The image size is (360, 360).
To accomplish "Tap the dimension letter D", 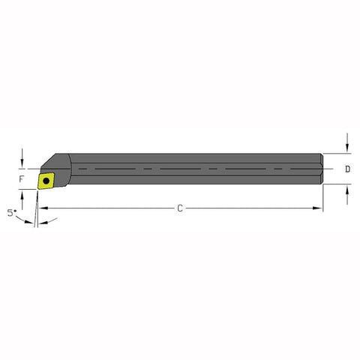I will [x=347, y=169].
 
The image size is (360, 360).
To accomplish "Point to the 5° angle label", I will [x=10, y=212].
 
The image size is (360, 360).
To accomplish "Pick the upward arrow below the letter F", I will [x=24, y=196].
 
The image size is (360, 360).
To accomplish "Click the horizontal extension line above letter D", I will [x=337, y=154].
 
